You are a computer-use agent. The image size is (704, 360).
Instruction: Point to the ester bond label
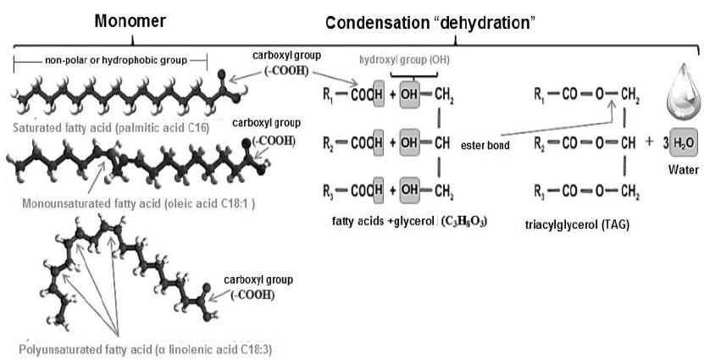[x=484, y=144]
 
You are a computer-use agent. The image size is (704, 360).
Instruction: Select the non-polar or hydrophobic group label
[x=111, y=60]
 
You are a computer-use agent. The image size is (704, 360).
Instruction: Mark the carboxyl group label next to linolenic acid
[x=259, y=286]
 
